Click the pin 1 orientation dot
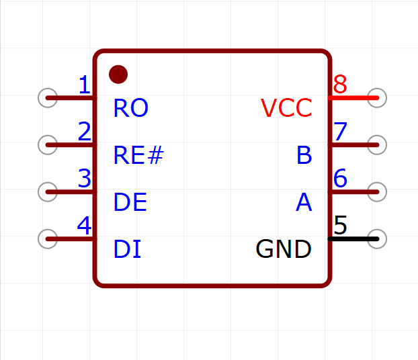118,75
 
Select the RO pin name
130,108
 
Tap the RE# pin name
138,155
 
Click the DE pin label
130,202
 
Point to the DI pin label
127,249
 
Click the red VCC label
286,108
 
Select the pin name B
304,155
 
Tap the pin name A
304,202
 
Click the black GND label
284,249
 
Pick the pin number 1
85,85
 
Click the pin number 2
85,132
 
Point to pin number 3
85,178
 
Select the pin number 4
84,226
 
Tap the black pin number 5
340,226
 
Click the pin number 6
340,178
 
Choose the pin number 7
341,132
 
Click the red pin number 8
340,85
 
